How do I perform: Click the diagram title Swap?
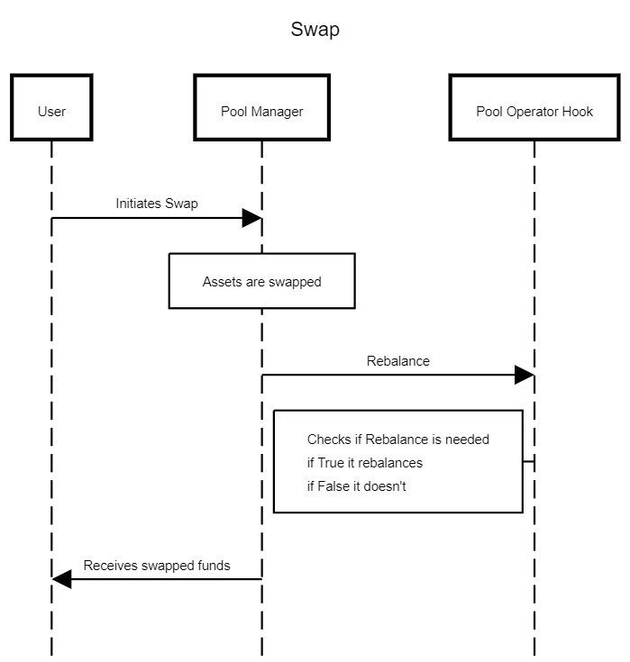(315, 30)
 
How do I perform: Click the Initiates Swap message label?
(157, 204)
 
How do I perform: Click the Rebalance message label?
(398, 361)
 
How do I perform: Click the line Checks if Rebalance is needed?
(398, 440)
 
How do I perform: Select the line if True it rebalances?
(365, 463)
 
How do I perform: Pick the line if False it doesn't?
(356, 486)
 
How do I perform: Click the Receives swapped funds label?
(157, 566)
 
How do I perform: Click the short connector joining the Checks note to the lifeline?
(528, 461)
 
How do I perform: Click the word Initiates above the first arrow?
(138, 204)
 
